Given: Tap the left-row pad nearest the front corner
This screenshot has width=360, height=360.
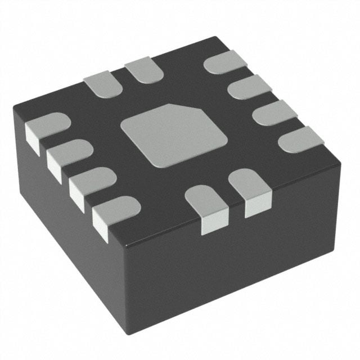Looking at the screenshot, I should [116, 210].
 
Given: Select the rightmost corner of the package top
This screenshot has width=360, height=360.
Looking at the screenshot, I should [341, 163].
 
